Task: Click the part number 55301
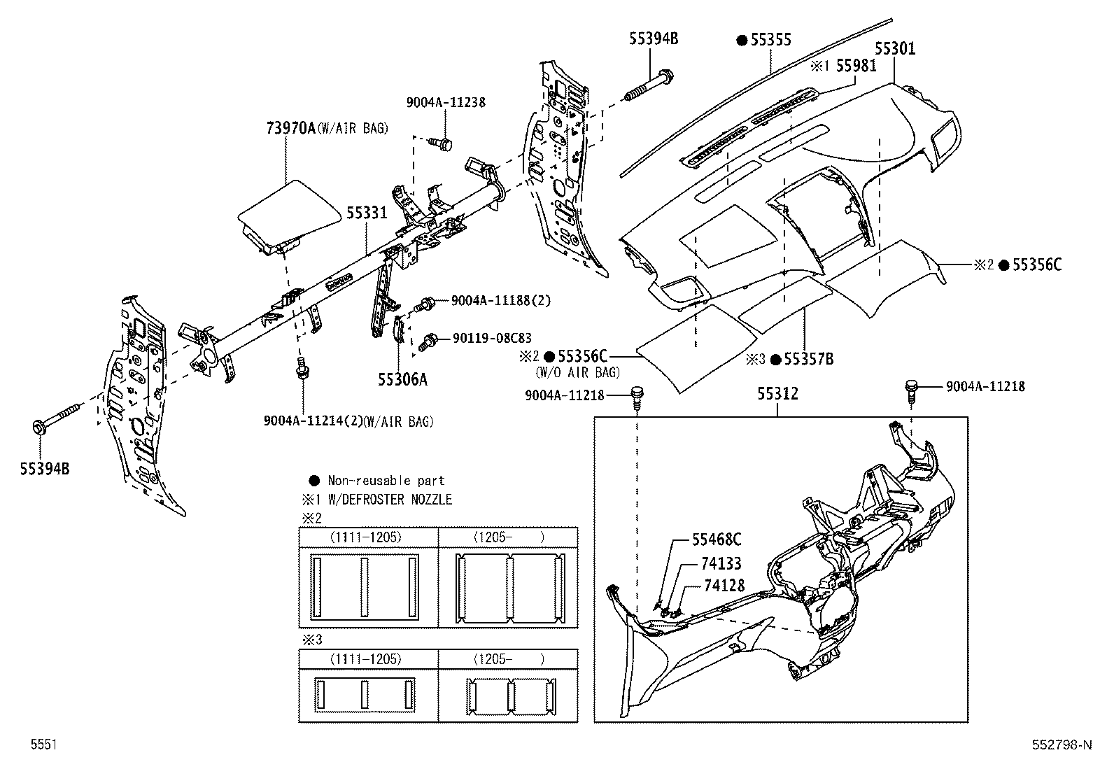coord(895,48)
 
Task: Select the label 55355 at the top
coord(770,40)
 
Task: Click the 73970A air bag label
coord(290,128)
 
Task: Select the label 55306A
coord(402,379)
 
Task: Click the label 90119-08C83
coord(492,337)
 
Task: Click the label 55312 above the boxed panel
coord(777,394)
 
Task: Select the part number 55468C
coord(717,539)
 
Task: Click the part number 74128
coord(724,586)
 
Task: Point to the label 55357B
coord(808,360)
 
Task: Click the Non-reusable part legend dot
coord(314,481)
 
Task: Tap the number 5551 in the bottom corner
coord(43,745)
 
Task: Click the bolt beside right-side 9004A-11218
coord(911,388)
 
